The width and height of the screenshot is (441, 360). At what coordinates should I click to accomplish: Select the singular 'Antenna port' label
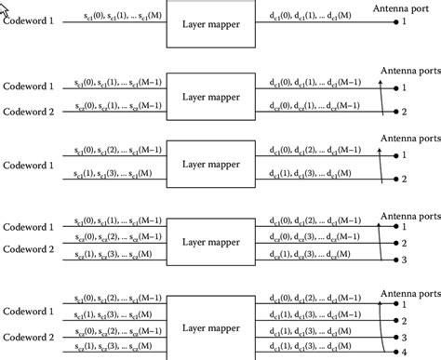[404, 7]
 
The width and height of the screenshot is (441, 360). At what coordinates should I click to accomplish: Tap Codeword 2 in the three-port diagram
[28, 248]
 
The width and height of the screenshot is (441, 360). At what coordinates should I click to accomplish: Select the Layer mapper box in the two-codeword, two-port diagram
[212, 94]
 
